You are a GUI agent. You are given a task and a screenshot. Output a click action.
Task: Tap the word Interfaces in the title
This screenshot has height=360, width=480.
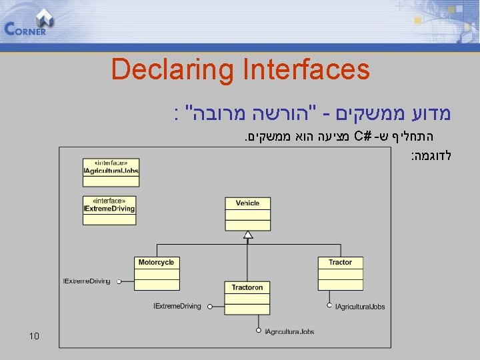(x=307, y=69)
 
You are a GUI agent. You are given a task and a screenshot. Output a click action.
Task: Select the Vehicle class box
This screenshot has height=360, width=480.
(x=247, y=213)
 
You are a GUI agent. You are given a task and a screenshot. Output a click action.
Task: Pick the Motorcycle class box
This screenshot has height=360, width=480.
(x=157, y=273)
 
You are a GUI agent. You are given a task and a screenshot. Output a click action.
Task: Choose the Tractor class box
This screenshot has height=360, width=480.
(x=340, y=273)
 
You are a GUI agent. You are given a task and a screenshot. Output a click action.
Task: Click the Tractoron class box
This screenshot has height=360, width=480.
(x=247, y=297)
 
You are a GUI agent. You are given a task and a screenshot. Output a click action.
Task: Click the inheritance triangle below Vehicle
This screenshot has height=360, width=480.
(x=247, y=234)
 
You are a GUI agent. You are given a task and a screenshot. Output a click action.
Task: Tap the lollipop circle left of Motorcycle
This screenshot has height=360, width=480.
(x=119, y=281)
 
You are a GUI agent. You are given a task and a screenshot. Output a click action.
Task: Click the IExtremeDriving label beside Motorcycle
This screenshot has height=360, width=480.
(x=87, y=281)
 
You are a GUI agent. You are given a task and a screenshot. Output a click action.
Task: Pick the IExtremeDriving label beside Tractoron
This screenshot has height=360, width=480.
(x=177, y=307)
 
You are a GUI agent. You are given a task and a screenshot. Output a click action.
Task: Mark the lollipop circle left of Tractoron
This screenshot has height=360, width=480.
(x=209, y=307)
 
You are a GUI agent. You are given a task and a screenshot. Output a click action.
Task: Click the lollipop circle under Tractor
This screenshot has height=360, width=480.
(x=329, y=306)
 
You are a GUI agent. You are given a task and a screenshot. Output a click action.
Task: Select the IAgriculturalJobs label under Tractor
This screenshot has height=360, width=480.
(x=360, y=307)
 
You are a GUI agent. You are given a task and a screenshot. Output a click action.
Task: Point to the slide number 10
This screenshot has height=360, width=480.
(x=35, y=335)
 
